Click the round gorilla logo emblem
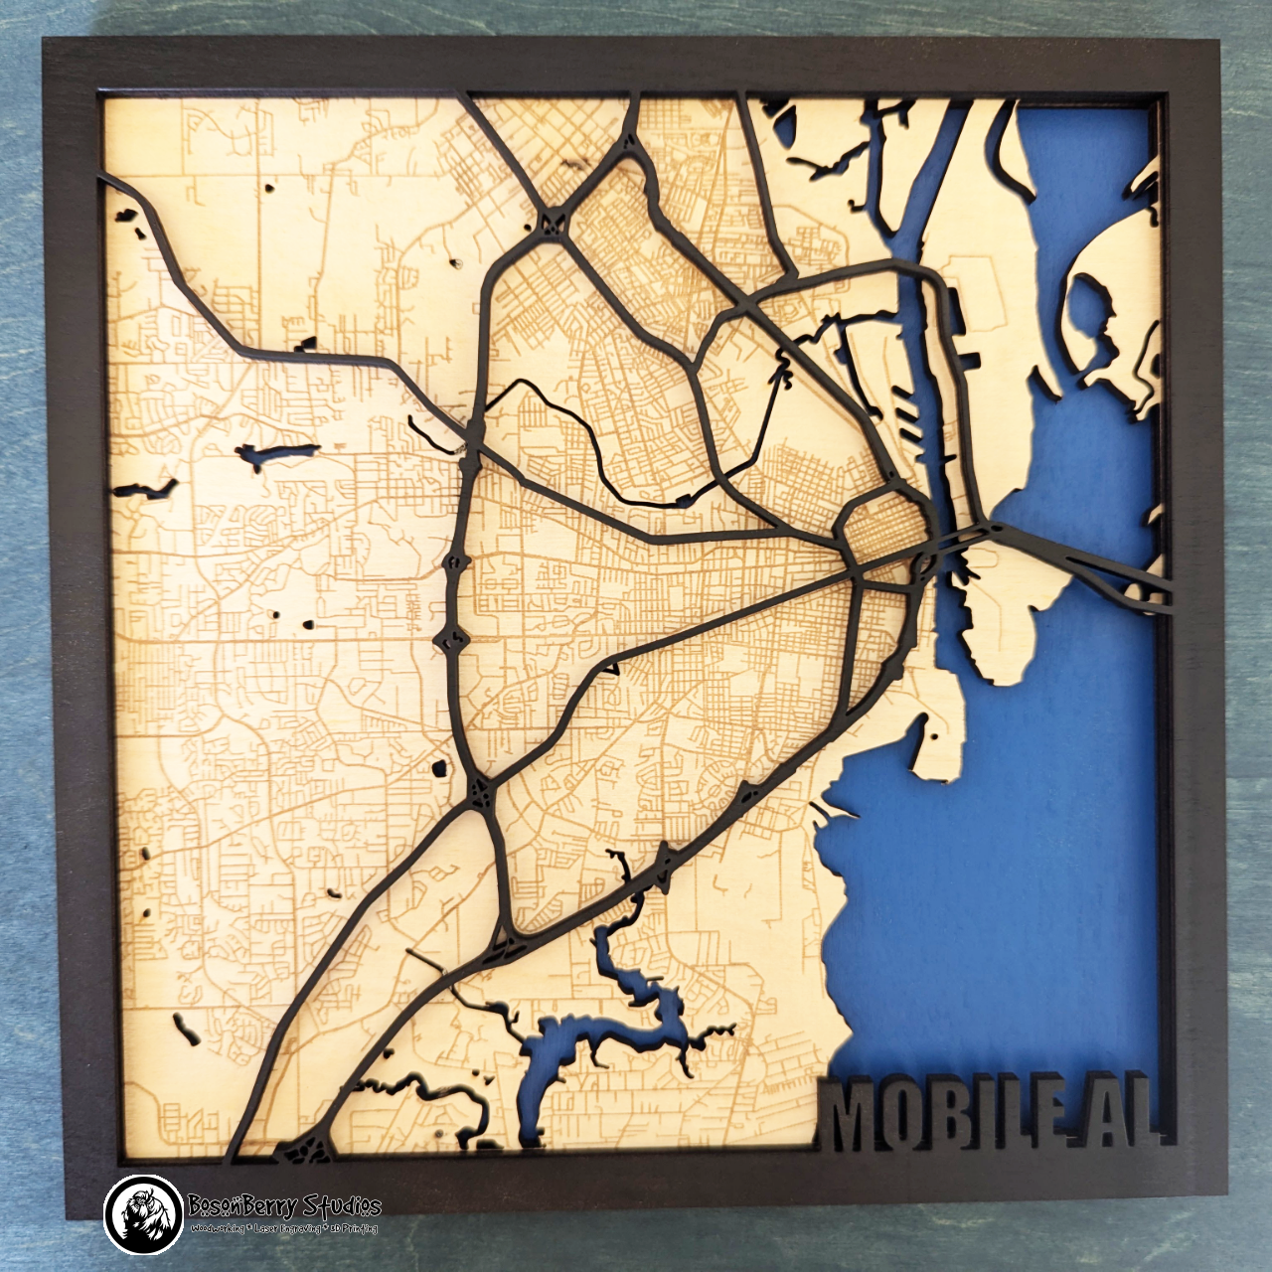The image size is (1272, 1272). tap(143, 1214)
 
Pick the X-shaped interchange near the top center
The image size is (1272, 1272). tap(553, 221)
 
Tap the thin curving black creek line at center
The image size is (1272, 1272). tap(586, 437)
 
